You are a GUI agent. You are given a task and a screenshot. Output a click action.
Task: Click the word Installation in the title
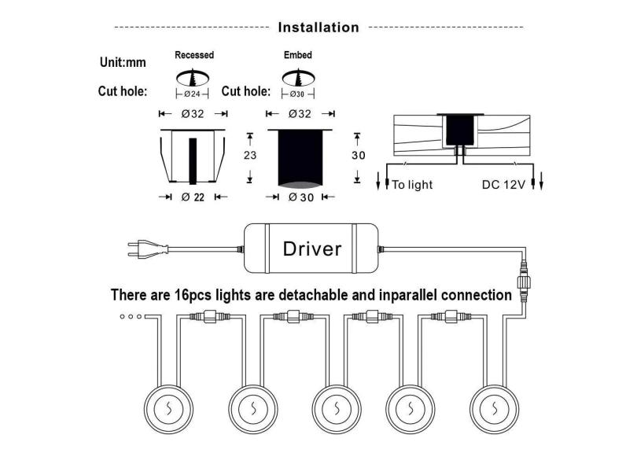point(318,28)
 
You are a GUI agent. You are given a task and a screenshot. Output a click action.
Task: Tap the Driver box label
point(312,249)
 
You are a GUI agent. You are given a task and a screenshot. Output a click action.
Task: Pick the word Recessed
point(193,56)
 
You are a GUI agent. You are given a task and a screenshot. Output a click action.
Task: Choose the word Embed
point(297,56)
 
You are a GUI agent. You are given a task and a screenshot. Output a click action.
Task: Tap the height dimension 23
point(250,156)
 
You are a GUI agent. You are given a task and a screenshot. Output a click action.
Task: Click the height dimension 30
point(358,156)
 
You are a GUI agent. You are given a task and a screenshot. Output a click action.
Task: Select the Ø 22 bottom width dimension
point(193,197)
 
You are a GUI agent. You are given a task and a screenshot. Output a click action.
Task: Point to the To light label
point(412,185)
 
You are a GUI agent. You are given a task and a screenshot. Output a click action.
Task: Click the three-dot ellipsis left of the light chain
point(131,317)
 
